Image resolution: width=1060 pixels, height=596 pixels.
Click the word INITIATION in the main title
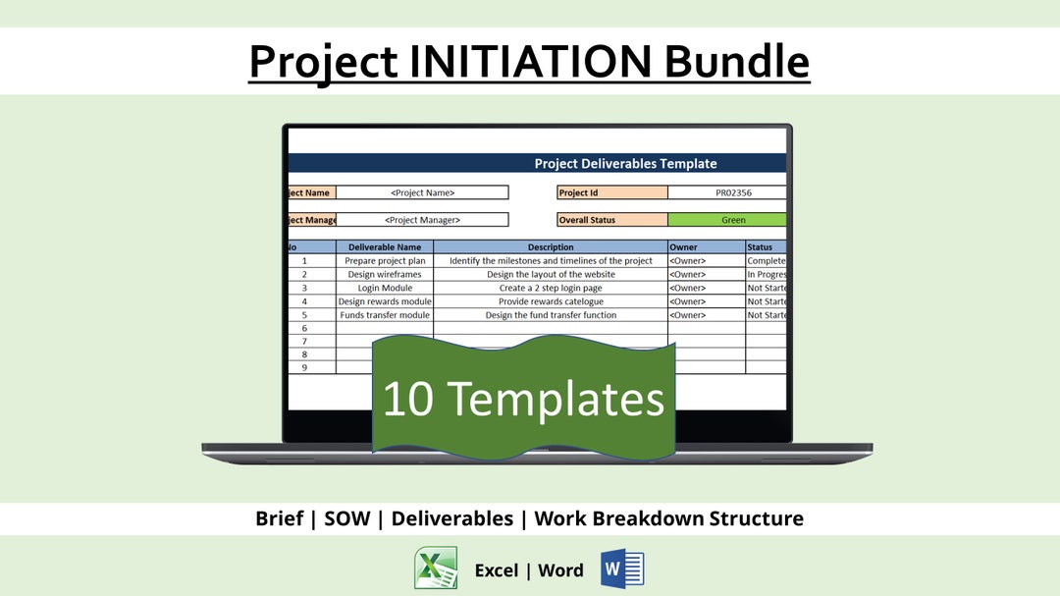point(531,61)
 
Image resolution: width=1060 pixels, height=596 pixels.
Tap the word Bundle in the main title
point(737,61)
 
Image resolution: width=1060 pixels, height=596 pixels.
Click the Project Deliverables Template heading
point(625,164)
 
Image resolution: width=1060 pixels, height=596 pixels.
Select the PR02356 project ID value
point(726,192)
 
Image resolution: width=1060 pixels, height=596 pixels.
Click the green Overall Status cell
point(727,220)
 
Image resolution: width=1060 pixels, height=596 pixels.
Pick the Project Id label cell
point(612,192)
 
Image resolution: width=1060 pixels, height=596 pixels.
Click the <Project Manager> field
point(422,220)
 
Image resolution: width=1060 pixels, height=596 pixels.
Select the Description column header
point(551,247)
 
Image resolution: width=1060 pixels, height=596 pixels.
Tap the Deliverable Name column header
point(385,247)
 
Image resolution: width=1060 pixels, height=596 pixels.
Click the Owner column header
point(706,247)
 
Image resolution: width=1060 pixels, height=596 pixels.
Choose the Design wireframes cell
point(385,275)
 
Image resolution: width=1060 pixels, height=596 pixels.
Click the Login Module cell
point(385,289)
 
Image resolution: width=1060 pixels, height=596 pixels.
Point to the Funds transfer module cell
point(385,315)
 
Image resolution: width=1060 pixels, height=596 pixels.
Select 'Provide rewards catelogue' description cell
point(551,301)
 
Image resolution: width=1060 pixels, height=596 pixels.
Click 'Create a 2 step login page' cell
point(551,289)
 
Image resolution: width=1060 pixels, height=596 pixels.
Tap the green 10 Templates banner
point(523,398)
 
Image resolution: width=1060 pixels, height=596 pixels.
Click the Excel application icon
point(435,569)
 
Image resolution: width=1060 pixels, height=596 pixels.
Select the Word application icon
point(622,569)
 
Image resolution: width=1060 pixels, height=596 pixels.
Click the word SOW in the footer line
point(347,518)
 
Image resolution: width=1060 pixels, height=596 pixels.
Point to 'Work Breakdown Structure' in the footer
point(668,518)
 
